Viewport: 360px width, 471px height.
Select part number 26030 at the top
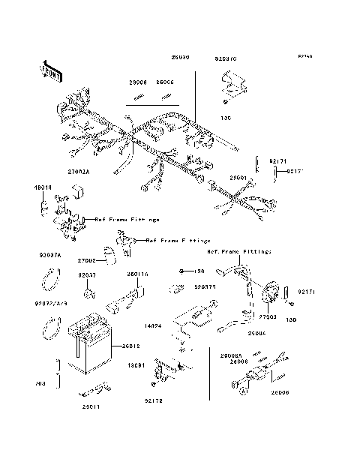pos(180,57)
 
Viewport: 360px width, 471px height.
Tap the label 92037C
pos(226,57)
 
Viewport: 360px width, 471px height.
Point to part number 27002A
pos(78,172)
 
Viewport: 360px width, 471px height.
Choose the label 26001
pos(239,178)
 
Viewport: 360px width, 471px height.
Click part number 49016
pos(42,186)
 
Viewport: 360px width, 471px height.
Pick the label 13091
pos(136,365)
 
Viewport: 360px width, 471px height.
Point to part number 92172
pos(153,401)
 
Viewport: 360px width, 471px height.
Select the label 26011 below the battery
pos(92,406)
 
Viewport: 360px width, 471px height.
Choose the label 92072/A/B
pos(51,304)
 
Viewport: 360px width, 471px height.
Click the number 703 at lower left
pos(40,383)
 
